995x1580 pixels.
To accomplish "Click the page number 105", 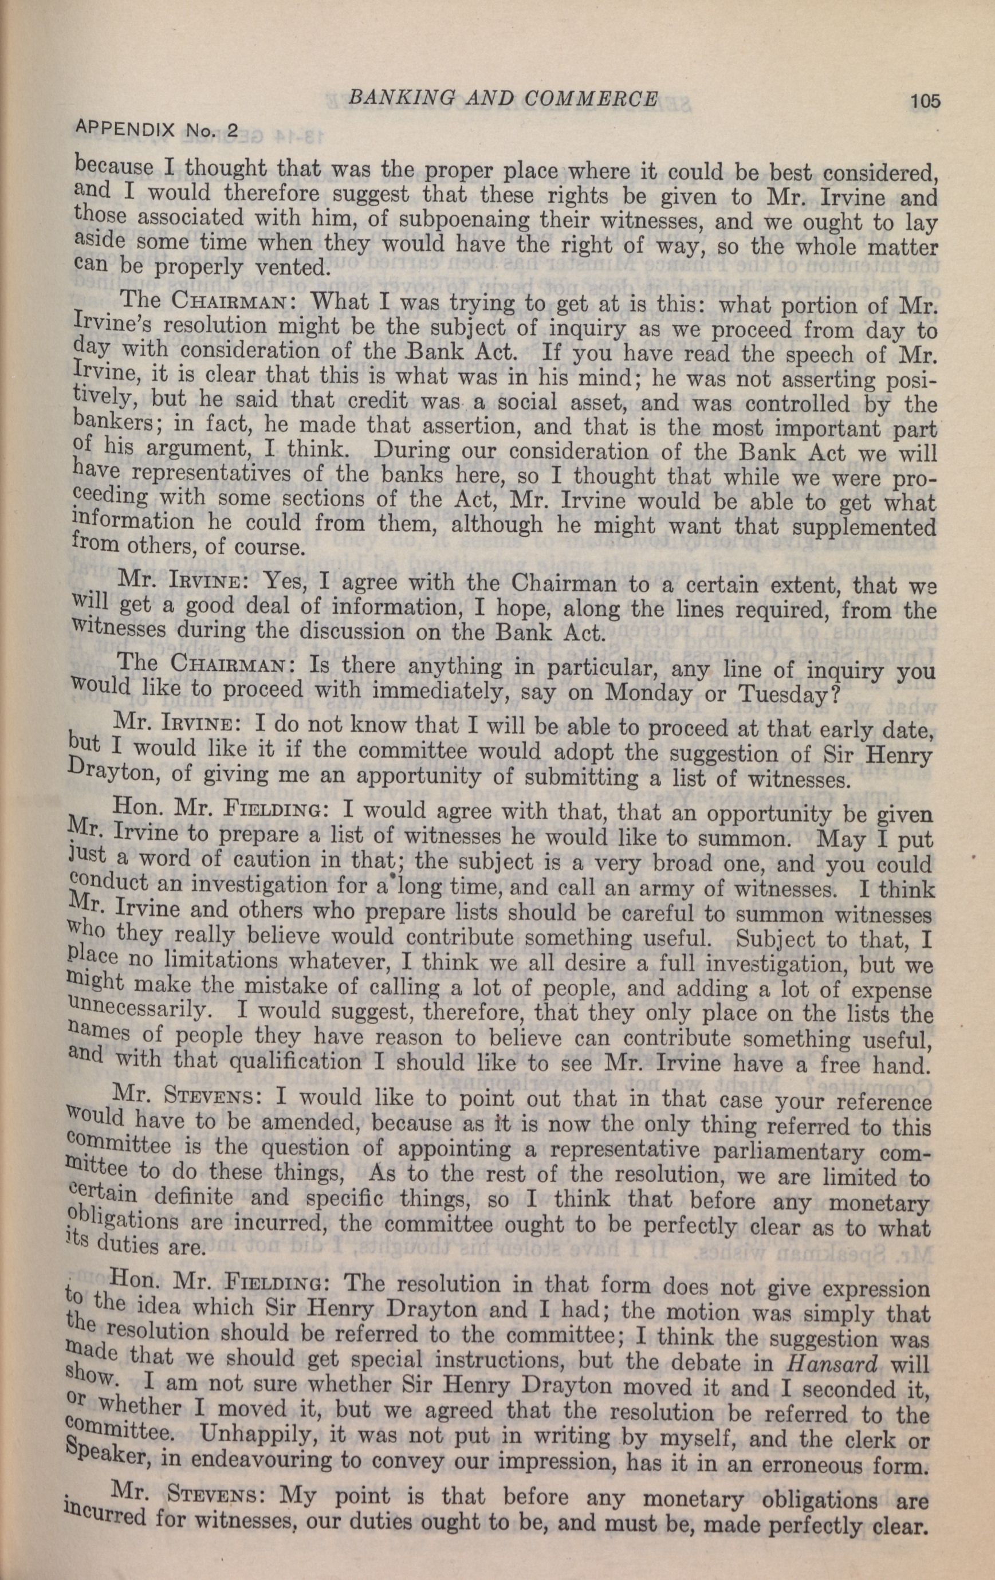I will [924, 101].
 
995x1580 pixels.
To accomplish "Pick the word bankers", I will [104, 426].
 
